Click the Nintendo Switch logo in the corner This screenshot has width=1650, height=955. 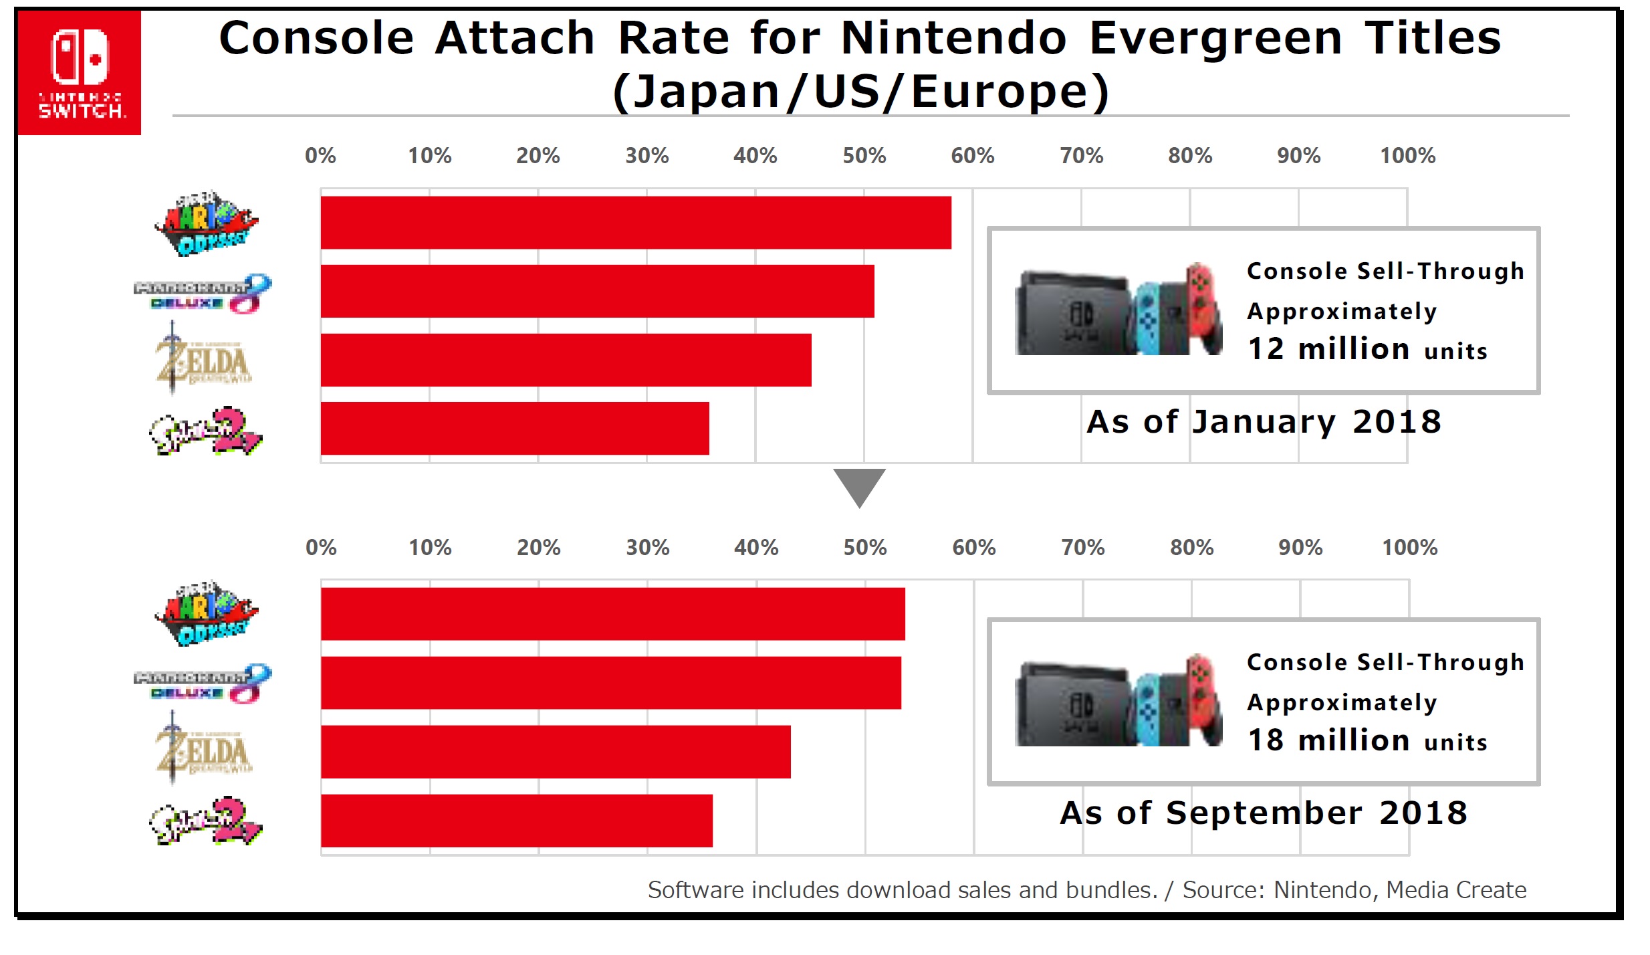coord(80,72)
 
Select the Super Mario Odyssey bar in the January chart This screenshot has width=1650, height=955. coord(635,223)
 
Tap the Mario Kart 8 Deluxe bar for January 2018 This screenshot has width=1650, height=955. coord(597,292)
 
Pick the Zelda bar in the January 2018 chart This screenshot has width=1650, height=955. coord(566,360)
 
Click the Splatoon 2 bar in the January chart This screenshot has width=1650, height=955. coord(515,429)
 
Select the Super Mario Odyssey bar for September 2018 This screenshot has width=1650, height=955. coord(612,614)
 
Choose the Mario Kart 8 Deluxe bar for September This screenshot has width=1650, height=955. coord(610,683)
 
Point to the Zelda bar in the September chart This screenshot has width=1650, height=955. coord(556,752)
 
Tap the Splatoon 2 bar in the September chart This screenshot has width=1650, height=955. coord(516,821)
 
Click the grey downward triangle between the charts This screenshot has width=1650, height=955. coord(859,485)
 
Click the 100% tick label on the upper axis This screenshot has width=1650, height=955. coord(1407,156)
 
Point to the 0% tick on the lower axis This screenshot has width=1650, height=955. coord(321,548)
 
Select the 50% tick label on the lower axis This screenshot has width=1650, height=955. coord(864,548)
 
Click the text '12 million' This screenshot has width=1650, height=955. coord(1328,349)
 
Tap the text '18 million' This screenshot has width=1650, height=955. coord(1328,740)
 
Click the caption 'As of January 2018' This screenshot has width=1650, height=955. coord(1264,422)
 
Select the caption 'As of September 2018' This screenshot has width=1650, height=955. coord(1264,813)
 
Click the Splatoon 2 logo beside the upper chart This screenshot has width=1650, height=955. coord(205,431)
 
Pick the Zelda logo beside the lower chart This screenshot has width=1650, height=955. coord(203,749)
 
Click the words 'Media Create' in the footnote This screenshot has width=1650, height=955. coord(1456,890)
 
